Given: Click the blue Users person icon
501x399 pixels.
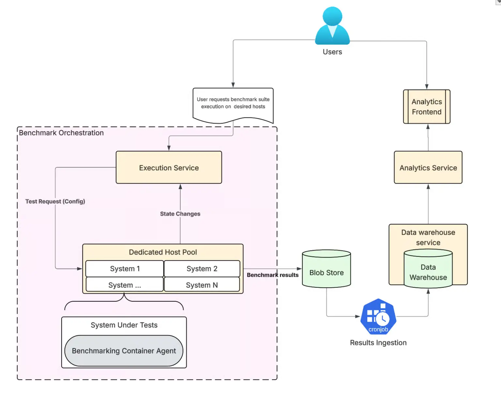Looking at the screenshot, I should pos(332,26).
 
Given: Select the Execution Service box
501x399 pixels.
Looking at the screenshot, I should pos(169,167).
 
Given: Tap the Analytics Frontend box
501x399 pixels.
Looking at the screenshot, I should pos(427,107).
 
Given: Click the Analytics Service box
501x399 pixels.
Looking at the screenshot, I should pos(428,167).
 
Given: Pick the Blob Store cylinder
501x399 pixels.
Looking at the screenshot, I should pos(326,270).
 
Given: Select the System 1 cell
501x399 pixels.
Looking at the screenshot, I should pos(125,269).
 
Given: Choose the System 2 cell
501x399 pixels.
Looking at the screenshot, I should pos(202,269).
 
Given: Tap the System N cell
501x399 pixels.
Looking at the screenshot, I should pos(202,285).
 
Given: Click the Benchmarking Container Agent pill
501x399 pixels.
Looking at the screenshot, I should pos(124,351).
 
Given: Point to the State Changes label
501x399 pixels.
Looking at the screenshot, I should pos(180,214).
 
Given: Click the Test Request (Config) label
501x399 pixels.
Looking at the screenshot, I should pos(55,201).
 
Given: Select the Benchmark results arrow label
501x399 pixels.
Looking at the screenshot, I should pos(272,275).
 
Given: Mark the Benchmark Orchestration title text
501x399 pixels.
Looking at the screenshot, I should pos(61,133).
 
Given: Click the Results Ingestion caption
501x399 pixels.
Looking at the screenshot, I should pos(378,343).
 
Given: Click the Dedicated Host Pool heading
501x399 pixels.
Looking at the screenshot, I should pos(163,252).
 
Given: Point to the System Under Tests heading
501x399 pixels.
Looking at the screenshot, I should pos(124,325).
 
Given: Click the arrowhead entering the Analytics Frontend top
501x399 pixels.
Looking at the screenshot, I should pos(427,87).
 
